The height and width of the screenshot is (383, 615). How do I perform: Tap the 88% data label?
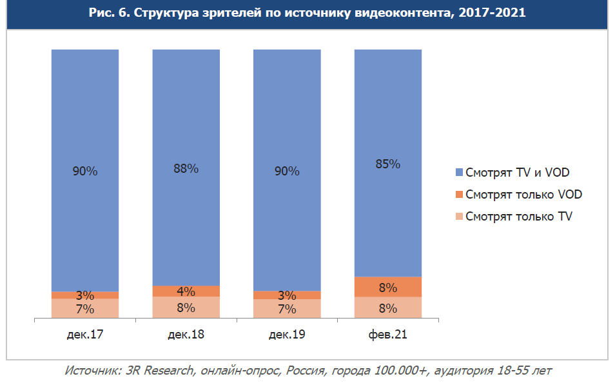(x=186, y=169)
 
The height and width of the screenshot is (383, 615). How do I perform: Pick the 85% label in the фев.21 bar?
(x=387, y=164)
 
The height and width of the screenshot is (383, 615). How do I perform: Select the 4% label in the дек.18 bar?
(x=186, y=291)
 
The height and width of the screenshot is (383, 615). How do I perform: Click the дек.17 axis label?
(x=85, y=335)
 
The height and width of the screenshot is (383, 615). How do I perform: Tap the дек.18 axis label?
(x=186, y=335)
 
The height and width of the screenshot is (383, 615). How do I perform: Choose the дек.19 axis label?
(x=287, y=335)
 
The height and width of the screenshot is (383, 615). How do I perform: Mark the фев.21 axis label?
(x=387, y=335)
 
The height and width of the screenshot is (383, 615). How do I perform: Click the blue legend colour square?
(x=459, y=173)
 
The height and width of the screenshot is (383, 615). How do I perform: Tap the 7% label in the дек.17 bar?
(x=85, y=309)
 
